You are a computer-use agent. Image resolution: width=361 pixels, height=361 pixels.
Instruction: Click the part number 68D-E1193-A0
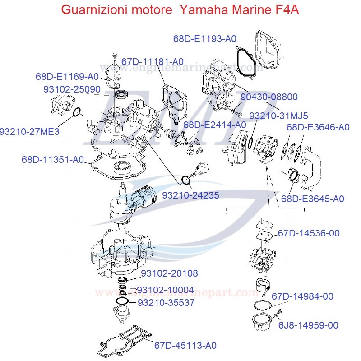click(x=205, y=39)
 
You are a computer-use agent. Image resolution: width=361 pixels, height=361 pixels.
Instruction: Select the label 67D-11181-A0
click(x=153, y=61)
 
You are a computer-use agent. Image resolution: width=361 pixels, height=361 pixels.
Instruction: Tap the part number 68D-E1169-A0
click(x=67, y=76)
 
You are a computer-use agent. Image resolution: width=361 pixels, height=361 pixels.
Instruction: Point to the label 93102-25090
click(x=72, y=89)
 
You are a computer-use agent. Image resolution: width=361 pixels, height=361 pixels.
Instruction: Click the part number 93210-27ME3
click(x=30, y=132)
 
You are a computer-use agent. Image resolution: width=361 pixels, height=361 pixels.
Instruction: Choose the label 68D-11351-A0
click(x=54, y=159)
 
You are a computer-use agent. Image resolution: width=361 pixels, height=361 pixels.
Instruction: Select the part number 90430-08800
click(x=269, y=97)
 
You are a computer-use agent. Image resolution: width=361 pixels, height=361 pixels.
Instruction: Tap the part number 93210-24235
click(x=191, y=195)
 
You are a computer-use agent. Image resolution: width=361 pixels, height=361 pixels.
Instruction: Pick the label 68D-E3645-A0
click(x=313, y=199)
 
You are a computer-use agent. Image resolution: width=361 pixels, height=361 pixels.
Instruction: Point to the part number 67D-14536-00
click(x=309, y=233)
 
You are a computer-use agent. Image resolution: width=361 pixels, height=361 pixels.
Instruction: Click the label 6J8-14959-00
click(x=308, y=325)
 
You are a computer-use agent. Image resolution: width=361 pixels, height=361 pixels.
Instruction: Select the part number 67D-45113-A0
click(x=185, y=345)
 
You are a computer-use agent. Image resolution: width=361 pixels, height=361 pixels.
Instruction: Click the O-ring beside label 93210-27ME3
click(x=77, y=111)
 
